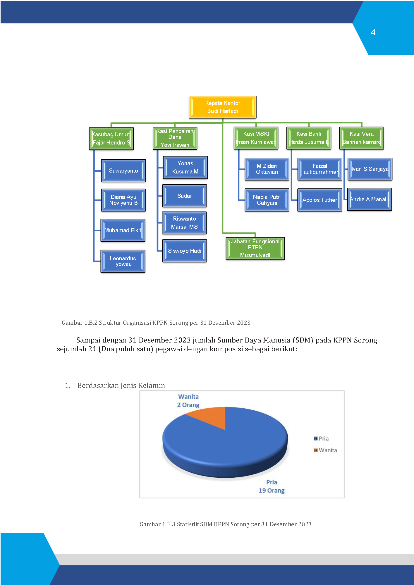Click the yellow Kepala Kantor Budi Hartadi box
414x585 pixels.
(x=223, y=107)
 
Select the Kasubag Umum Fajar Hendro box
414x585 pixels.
(x=111, y=139)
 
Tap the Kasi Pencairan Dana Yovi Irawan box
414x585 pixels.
(x=175, y=138)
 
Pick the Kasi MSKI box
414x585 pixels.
(x=256, y=138)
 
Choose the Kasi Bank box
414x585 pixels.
(x=309, y=138)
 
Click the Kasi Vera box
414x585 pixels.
(x=362, y=138)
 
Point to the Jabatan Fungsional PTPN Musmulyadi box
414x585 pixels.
(x=255, y=249)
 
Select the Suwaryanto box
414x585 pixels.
(x=123, y=171)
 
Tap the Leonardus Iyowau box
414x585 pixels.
(x=123, y=261)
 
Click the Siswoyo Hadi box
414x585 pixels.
(x=185, y=251)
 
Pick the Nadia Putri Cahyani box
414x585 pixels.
(x=267, y=200)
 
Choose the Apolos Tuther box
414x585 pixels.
(x=320, y=200)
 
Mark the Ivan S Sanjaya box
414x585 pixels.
(x=370, y=169)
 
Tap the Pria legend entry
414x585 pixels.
(x=321, y=438)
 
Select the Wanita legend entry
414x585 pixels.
(x=325, y=450)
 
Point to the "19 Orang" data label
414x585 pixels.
(x=272, y=491)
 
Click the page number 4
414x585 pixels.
(x=373, y=32)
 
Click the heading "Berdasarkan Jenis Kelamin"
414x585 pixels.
(x=121, y=386)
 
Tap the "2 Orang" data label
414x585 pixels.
(x=188, y=405)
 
